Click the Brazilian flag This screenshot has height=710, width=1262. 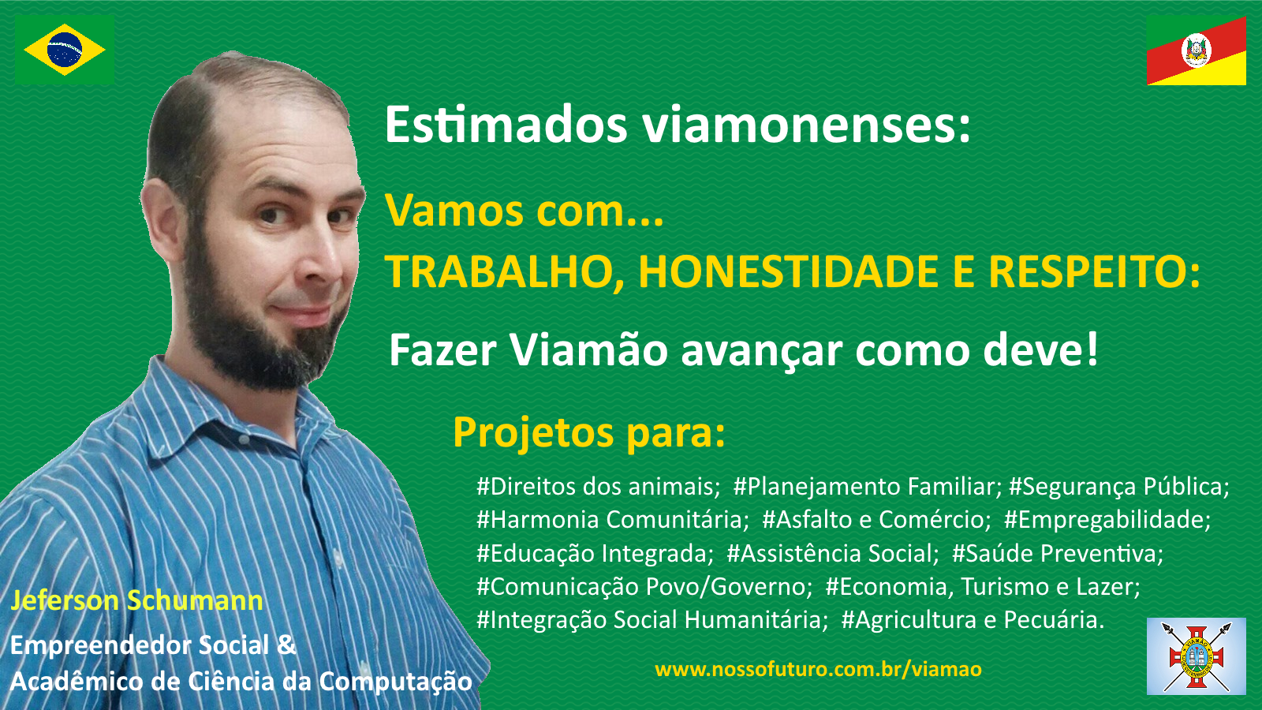(64, 50)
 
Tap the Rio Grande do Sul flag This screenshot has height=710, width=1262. (1196, 50)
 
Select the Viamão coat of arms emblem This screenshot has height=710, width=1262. (1196, 656)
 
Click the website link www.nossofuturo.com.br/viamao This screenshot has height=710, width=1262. (819, 669)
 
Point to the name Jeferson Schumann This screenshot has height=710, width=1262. (137, 600)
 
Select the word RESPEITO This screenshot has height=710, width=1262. (1095, 272)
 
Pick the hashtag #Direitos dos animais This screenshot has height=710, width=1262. (598, 486)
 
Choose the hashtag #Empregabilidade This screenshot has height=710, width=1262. (1107, 520)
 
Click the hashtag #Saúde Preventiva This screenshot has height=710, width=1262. (1058, 553)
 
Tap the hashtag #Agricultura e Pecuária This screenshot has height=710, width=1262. (973, 619)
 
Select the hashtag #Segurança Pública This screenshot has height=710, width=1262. (1119, 487)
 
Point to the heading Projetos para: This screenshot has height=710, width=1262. (588, 433)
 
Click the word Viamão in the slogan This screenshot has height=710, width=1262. (588, 349)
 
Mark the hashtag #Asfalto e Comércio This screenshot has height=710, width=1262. (876, 520)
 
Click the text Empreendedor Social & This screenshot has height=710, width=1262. (153, 646)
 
